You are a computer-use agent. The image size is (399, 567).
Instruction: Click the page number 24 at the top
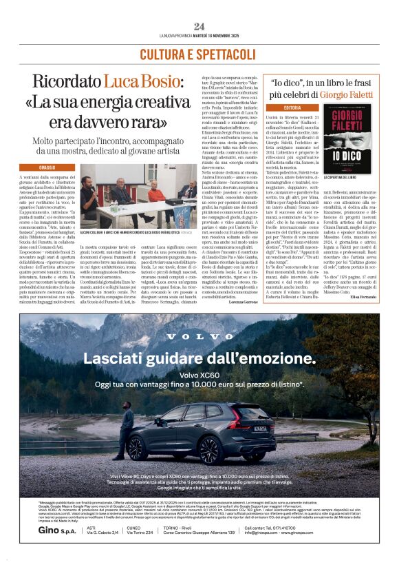[x=199, y=26]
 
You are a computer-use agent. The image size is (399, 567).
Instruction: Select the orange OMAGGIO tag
[x=47, y=167]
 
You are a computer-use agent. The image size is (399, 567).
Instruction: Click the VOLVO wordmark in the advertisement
[x=199, y=339]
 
